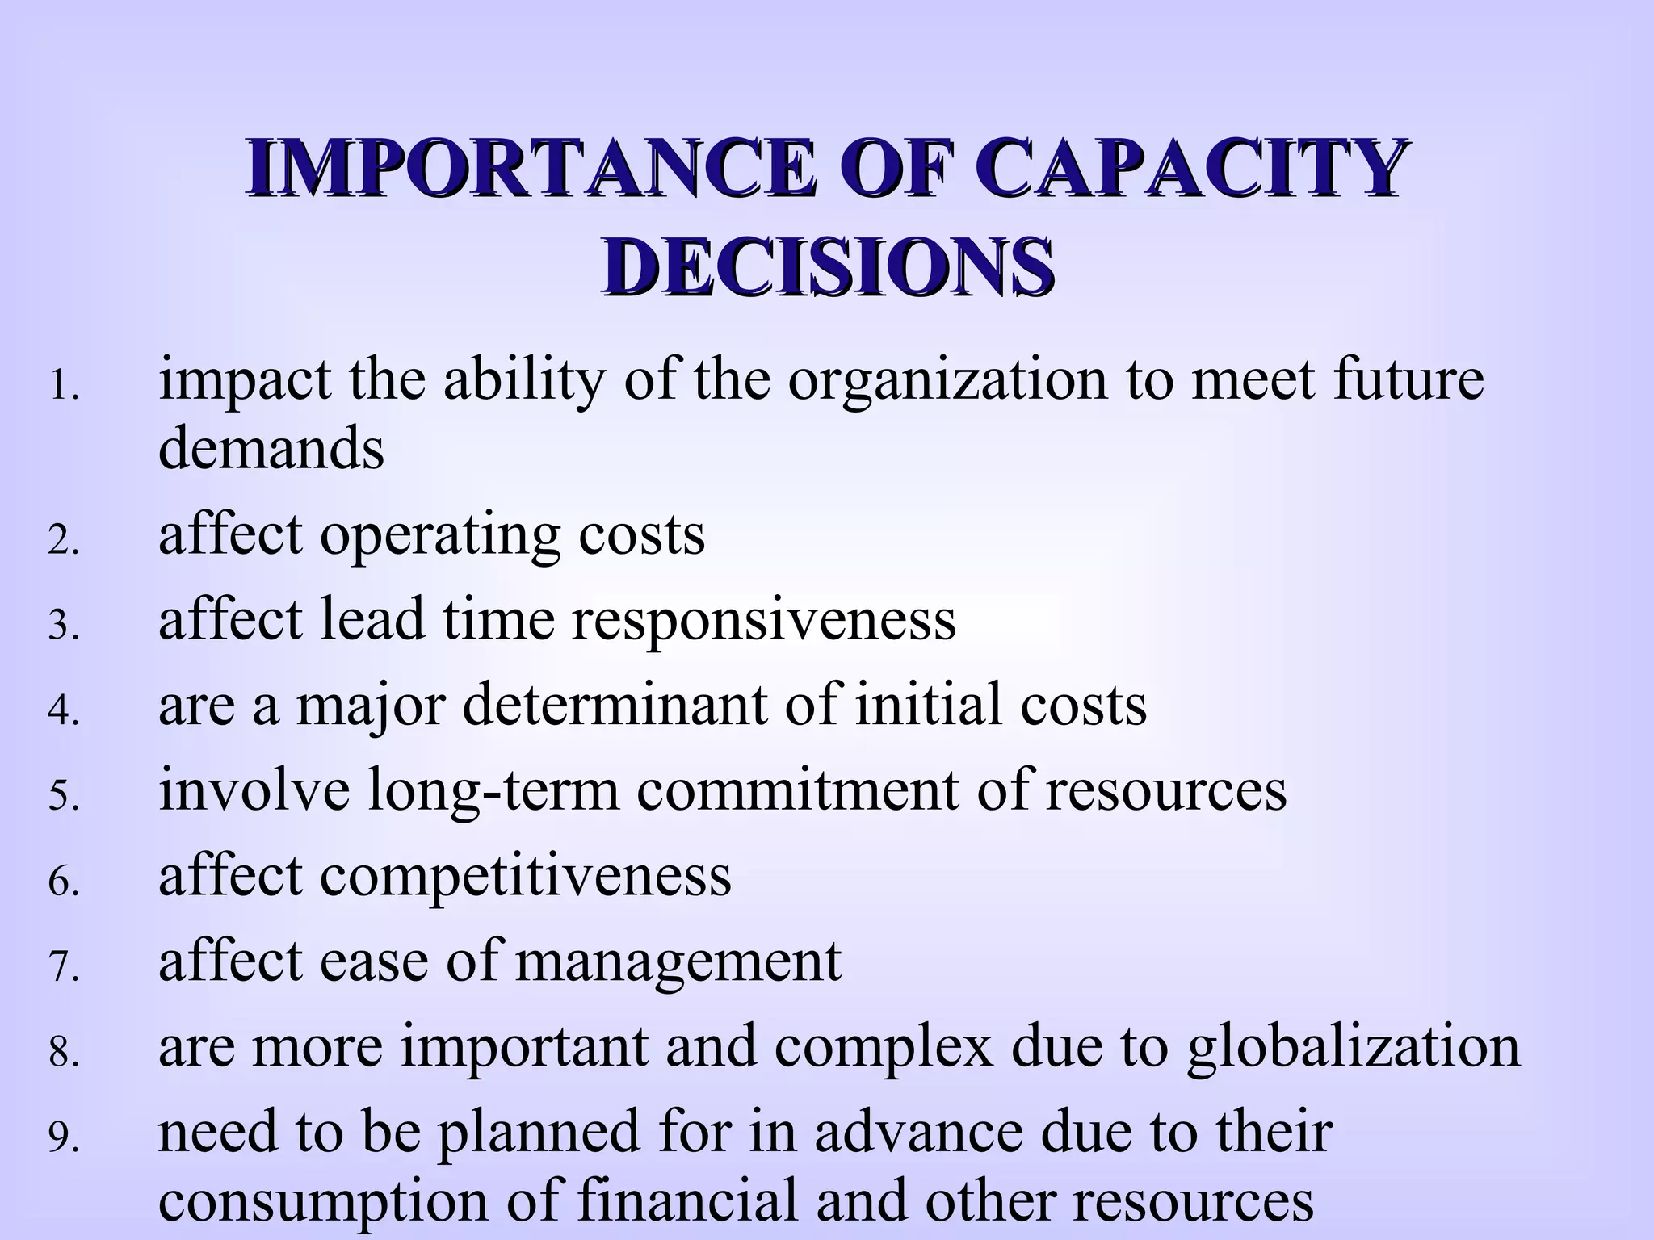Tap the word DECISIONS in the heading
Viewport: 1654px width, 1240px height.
point(826,266)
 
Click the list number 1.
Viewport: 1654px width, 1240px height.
point(64,387)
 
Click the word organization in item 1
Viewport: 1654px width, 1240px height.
point(948,381)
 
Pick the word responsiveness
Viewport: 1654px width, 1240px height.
point(763,620)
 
